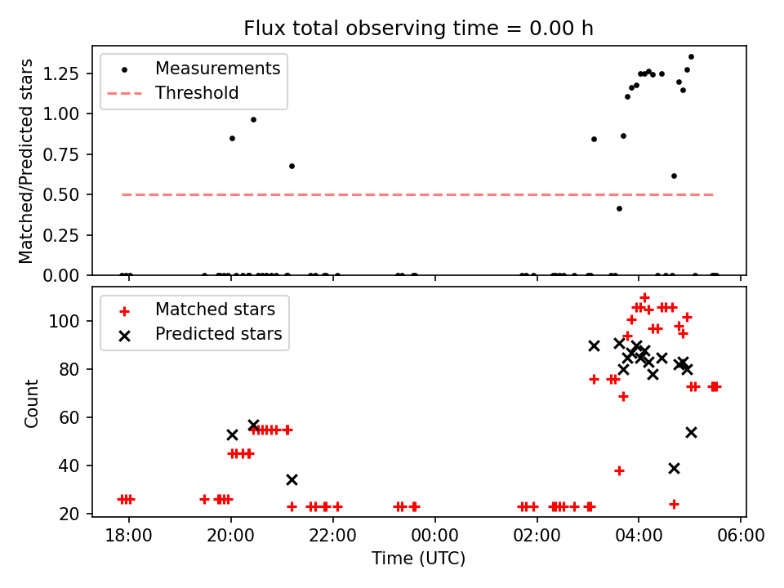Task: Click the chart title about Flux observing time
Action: click(x=418, y=29)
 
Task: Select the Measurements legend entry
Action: click(x=217, y=68)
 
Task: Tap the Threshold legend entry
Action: click(x=197, y=93)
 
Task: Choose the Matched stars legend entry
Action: click(x=215, y=310)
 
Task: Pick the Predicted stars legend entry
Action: click(x=218, y=334)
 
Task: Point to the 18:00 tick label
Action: click(x=128, y=537)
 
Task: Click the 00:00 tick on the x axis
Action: click(x=434, y=537)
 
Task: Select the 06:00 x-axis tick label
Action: click(x=740, y=537)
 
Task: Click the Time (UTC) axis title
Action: click(x=418, y=559)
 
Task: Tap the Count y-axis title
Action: click(x=32, y=403)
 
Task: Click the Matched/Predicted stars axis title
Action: click(x=27, y=161)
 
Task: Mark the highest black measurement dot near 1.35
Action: click(x=691, y=57)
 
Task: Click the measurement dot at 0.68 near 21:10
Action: click(x=292, y=166)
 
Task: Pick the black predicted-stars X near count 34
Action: click(x=292, y=479)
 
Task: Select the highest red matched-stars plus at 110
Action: click(x=644, y=298)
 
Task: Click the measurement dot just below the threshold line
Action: click(x=619, y=208)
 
